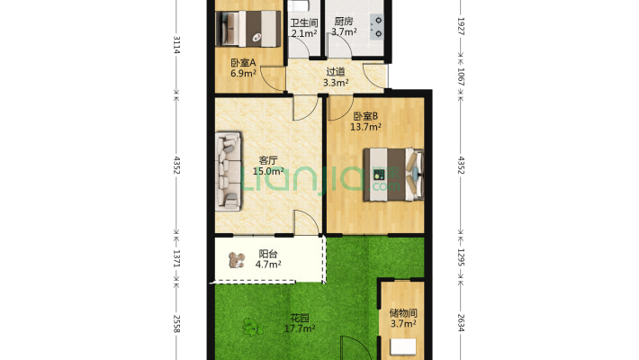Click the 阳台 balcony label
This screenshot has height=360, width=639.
(x=267, y=254)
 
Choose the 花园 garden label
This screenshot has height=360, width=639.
(x=300, y=318)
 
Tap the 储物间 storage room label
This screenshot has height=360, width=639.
(x=402, y=312)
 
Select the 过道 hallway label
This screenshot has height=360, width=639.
(x=336, y=73)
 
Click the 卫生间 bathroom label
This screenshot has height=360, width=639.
(x=303, y=22)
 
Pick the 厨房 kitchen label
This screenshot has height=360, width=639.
(x=343, y=22)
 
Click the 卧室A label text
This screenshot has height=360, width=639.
(x=243, y=62)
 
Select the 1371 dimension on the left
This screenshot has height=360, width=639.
(x=176, y=258)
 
